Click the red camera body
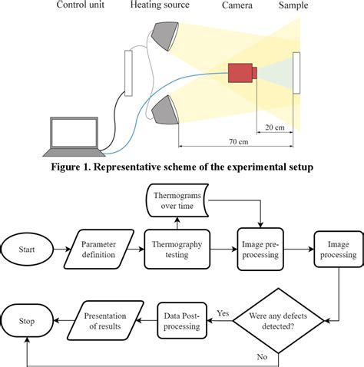(x=241, y=73)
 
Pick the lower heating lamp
(x=164, y=110)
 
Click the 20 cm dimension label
(x=273, y=127)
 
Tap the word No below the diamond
(x=263, y=355)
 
